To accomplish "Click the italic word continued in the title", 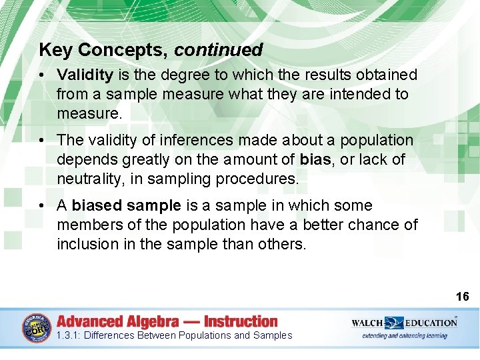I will [219, 50].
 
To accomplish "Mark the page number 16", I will [462, 297].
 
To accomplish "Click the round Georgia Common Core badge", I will [37, 329].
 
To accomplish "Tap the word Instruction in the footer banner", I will [241, 321].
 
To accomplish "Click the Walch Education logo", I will [404, 322].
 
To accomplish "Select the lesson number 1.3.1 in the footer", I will [69, 335].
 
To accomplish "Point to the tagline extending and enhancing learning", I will [404, 335].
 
